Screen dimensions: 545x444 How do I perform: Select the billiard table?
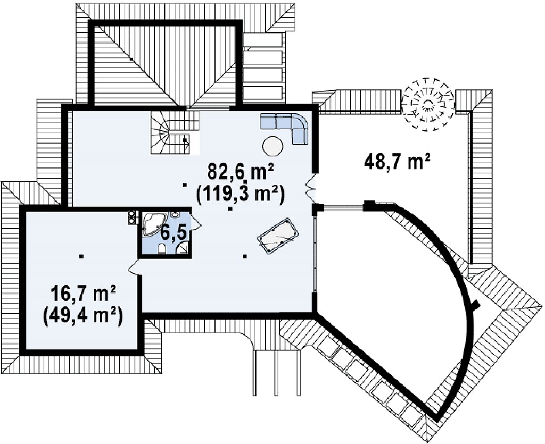pyautogui.click(x=278, y=236)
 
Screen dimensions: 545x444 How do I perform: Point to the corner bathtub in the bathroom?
pyautogui.click(x=154, y=224)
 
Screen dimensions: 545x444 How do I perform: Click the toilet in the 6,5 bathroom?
pyautogui.click(x=161, y=249)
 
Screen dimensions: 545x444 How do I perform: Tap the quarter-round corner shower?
pyautogui.click(x=183, y=248)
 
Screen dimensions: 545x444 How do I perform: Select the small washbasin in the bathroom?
pyautogui.click(x=175, y=214)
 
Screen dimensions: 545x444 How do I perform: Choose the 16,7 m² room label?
pyautogui.click(x=83, y=294)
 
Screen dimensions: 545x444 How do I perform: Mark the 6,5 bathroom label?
pyautogui.click(x=175, y=232)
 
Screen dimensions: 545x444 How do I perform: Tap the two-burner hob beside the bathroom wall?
pyautogui.click(x=132, y=217)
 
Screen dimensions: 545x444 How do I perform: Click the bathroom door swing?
pyautogui.click(x=196, y=221)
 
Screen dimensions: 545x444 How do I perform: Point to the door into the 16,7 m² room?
pyautogui.click(x=134, y=267)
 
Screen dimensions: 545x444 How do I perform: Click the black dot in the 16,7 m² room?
pyautogui.click(x=81, y=256)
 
